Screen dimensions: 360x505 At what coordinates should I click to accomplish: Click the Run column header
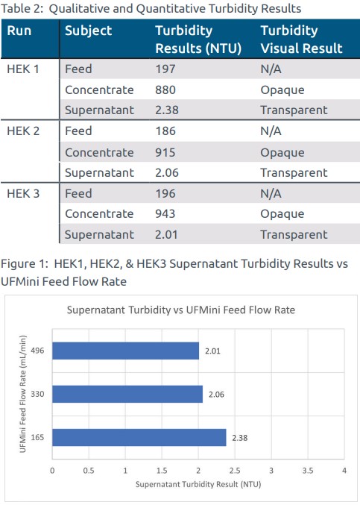tap(19, 31)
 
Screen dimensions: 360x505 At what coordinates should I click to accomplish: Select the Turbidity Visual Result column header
tap(301, 40)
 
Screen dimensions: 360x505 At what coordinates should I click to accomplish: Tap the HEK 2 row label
tap(23, 131)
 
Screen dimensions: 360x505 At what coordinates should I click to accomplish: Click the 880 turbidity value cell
tap(165, 90)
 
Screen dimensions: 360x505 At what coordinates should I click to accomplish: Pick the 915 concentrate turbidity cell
tap(165, 152)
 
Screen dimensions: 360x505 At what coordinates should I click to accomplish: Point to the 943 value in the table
tap(165, 213)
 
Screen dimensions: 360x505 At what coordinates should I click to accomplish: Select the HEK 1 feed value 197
tap(165, 69)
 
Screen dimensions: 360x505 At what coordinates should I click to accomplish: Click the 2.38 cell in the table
tap(167, 110)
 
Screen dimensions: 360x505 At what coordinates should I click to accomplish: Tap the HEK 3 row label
tap(23, 193)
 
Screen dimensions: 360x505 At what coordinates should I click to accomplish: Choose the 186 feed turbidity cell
tap(165, 131)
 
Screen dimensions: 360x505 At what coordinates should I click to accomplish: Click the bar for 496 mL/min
tap(126, 351)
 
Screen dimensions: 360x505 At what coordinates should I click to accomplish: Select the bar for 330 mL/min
tap(127, 394)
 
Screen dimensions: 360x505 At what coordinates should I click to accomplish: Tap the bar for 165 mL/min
tap(139, 438)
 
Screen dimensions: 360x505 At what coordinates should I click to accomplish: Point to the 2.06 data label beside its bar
tap(216, 395)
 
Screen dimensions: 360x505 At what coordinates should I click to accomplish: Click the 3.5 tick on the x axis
tap(308, 471)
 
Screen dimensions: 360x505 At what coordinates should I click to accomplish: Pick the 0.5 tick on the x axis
tap(89, 471)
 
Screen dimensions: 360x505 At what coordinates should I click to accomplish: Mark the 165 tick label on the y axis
tap(37, 438)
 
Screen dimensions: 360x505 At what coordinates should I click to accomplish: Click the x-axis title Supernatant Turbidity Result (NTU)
tap(198, 484)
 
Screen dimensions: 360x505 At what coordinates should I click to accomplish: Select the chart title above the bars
tap(181, 310)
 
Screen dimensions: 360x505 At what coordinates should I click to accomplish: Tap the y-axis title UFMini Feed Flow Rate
tap(23, 394)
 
